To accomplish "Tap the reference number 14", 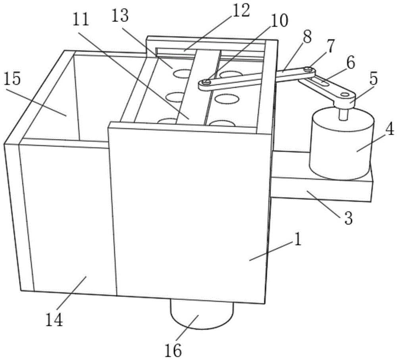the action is pyautogui.click(x=54, y=320).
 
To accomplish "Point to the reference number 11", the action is pyautogui.click(x=81, y=19).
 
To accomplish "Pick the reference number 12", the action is pyautogui.click(x=241, y=10).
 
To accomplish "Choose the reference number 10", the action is pyautogui.click(x=279, y=21).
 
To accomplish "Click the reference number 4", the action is pyautogui.click(x=389, y=129).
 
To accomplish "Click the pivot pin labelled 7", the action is pyautogui.click(x=308, y=68).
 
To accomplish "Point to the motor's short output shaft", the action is pyautogui.click(x=343, y=114).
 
